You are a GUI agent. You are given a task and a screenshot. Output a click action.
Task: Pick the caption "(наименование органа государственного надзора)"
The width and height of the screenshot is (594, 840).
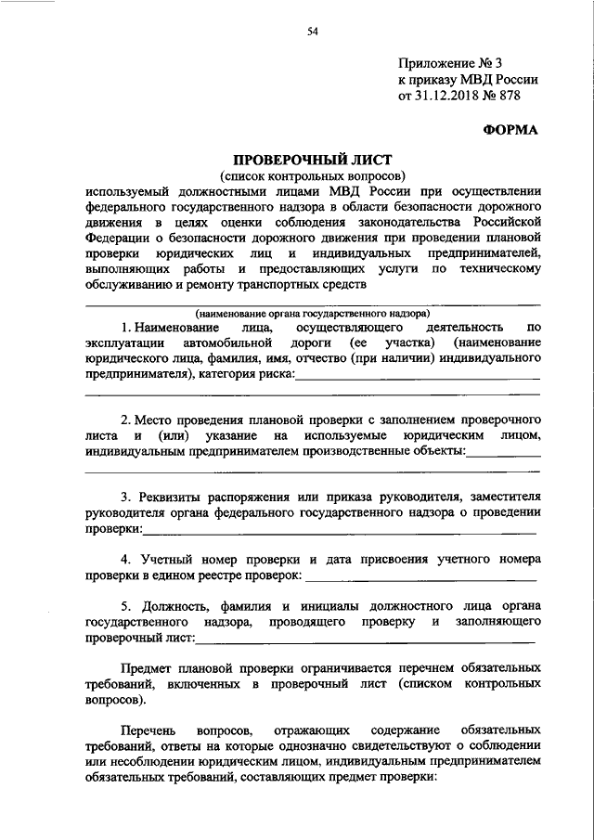(x=312, y=313)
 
